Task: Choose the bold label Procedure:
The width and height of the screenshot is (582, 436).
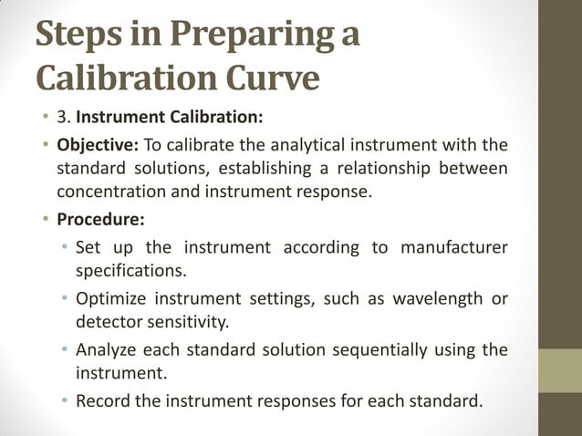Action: tap(95, 220)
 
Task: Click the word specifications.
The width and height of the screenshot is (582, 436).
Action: tap(131, 271)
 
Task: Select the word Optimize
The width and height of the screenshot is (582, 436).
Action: tap(111, 299)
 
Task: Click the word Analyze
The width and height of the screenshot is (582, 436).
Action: tap(109, 350)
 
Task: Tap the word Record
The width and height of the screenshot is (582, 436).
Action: tap(105, 399)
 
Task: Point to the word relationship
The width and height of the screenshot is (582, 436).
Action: tap(401, 168)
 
